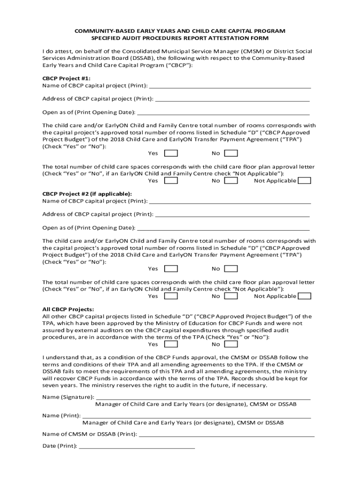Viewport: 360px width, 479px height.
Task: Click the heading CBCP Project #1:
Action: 66,78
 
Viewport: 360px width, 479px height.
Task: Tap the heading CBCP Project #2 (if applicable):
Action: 87,194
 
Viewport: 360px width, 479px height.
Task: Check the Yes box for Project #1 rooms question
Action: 171,153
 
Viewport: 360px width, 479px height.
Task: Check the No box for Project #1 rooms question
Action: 231,153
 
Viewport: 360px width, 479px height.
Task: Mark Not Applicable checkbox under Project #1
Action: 304,181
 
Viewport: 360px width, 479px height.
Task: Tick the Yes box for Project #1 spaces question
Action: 171,181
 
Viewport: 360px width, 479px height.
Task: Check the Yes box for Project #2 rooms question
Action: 171,269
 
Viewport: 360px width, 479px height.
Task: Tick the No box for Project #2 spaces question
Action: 231,296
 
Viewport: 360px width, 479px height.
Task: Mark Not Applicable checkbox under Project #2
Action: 304,296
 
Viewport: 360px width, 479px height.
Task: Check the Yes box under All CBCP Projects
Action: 171,344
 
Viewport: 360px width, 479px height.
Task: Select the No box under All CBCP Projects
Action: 231,344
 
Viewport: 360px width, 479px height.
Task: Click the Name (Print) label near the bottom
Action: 61,415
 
